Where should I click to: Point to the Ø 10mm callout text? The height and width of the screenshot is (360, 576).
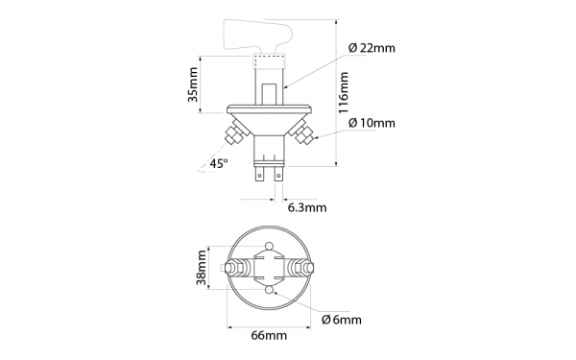coord(372,123)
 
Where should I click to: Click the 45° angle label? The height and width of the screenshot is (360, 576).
coord(220,164)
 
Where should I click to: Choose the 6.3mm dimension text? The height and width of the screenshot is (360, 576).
coord(307,205)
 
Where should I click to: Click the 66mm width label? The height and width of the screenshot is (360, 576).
coord(269,335)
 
